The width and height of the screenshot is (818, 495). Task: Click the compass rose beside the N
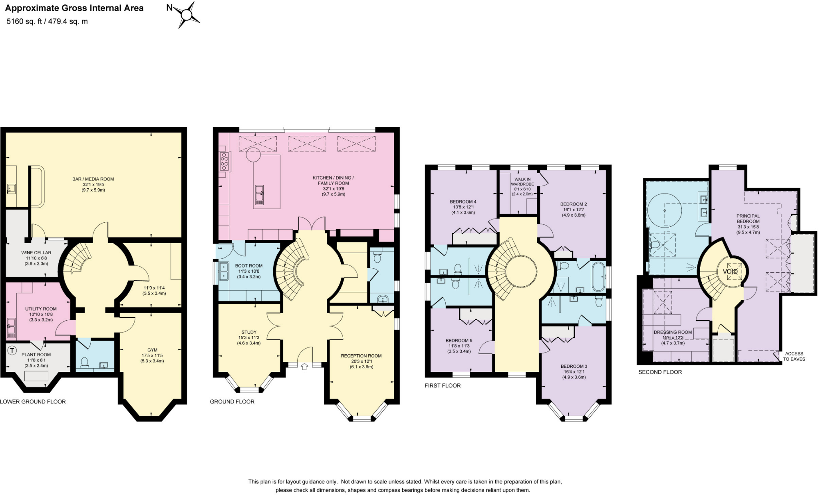tap(187, 15)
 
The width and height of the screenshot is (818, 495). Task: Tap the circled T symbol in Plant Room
tap(12, 351)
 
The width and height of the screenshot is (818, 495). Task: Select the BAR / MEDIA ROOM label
tap(93, 179)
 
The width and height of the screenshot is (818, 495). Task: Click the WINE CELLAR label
tap(36, 253)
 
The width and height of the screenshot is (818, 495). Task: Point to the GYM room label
tap(152, 350)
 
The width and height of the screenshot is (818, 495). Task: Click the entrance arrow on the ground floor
tap(304, 366)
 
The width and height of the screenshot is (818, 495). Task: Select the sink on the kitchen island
tap(260, 195)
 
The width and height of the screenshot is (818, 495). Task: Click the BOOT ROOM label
tap(249, 265)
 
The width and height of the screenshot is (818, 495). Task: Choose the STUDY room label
tap(249, 332)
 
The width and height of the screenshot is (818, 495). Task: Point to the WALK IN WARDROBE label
tap(522, 182)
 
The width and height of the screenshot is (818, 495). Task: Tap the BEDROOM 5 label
tap(459, 341)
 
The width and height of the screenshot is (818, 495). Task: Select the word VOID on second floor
tap(730, 271)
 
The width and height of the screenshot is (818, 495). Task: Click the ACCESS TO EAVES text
tap(794, 356)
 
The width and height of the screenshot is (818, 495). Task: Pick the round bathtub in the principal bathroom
tap(664, 210)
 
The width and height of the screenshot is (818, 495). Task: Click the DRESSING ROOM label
tap(673, 332)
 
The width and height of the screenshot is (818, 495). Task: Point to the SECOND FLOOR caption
tap(660, 372)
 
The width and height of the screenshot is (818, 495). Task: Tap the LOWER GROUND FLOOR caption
tap(33, 401)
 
